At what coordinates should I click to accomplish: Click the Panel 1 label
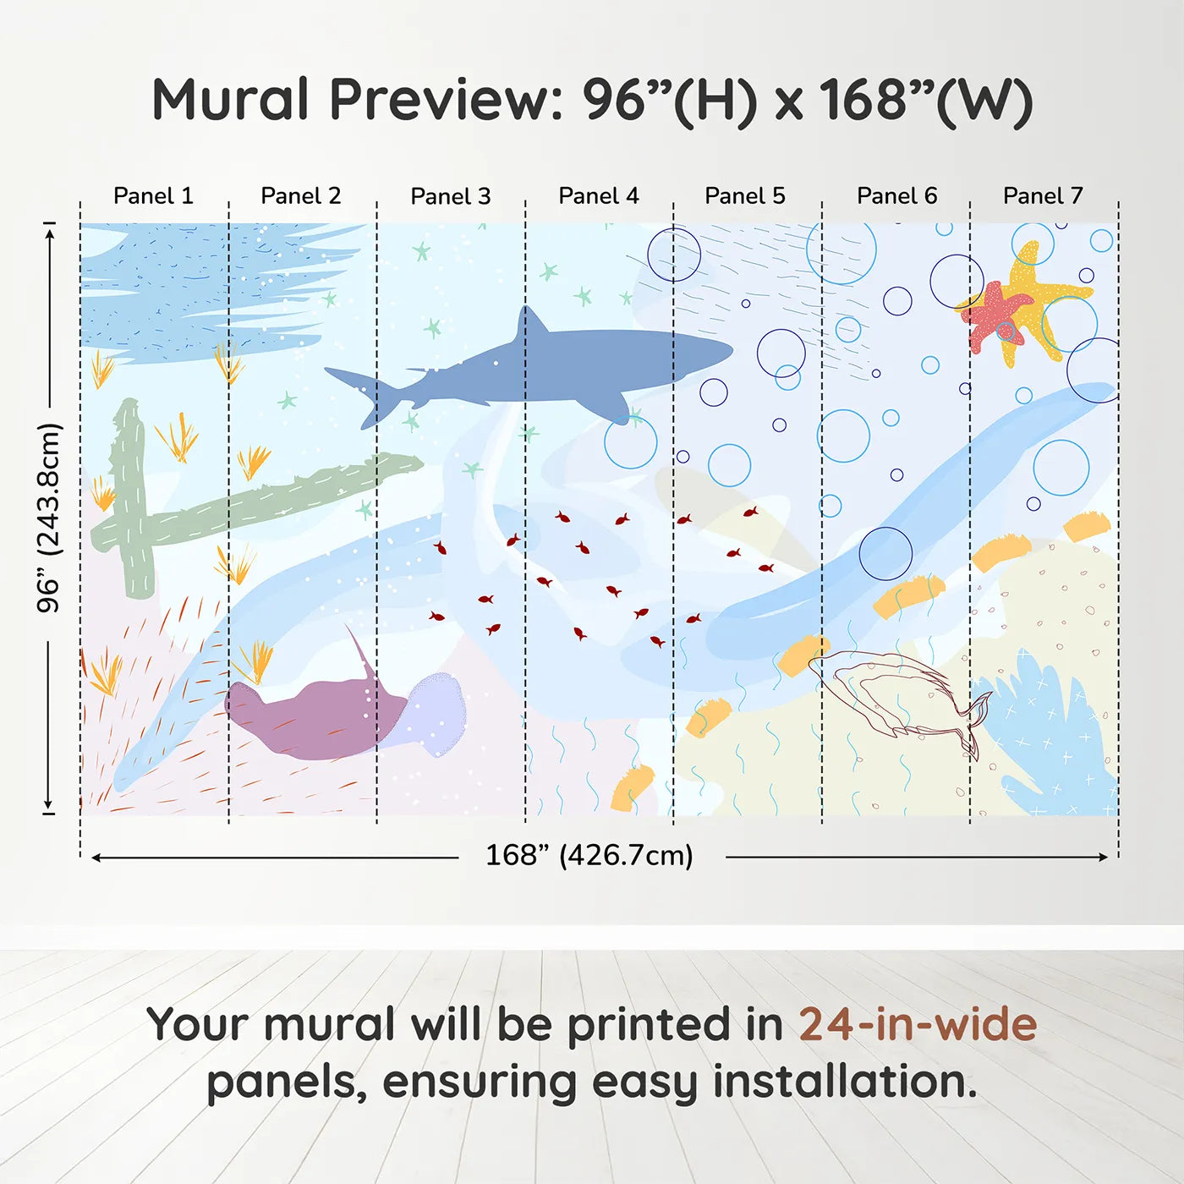pyautogui.click(x=153, y=196)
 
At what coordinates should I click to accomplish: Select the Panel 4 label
pyautogui.click(x=598, y=196)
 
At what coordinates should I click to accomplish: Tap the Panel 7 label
pyautogui.click(x=1042, y=196)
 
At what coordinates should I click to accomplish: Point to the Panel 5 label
pyautogui.click(x=744, y=196)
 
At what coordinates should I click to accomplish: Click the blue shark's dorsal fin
pyautogui.click(x=530, y=326)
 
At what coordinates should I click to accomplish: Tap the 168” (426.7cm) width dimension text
pyautogui.click(x=589, y=856)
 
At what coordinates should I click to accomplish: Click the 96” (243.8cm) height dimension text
pyautogui.click(x=49, y=518)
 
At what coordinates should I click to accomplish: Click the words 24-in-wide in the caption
pyautogui.click(x=918, y=1025)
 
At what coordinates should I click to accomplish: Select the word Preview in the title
pyautogui.click(x=446, y=100)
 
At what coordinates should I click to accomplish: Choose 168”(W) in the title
pyautogui.click(x=926, y=100)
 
